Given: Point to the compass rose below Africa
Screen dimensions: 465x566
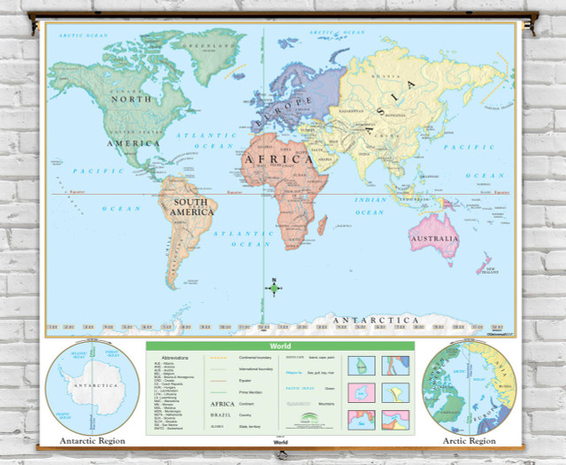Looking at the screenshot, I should pyautogui.click(x=275, y=287).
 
